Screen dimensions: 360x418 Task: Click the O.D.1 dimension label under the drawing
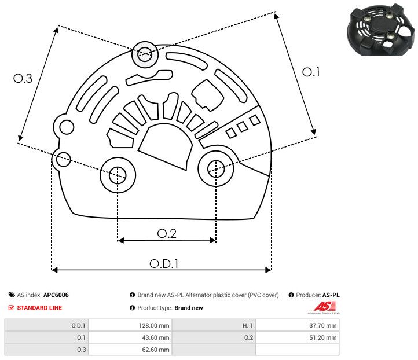[x=164, y=263]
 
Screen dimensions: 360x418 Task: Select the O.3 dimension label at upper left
[x=23, y=79]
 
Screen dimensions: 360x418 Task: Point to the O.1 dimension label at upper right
[x=311, y=72]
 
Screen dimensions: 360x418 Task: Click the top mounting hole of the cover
[x=144, y=56]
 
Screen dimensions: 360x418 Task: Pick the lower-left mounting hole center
[x=118, y=173]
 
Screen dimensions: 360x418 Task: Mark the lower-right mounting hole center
[x=215, y=169]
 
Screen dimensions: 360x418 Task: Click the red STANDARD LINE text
[x=39, y=308]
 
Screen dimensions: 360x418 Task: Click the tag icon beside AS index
[x=12, y=295]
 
